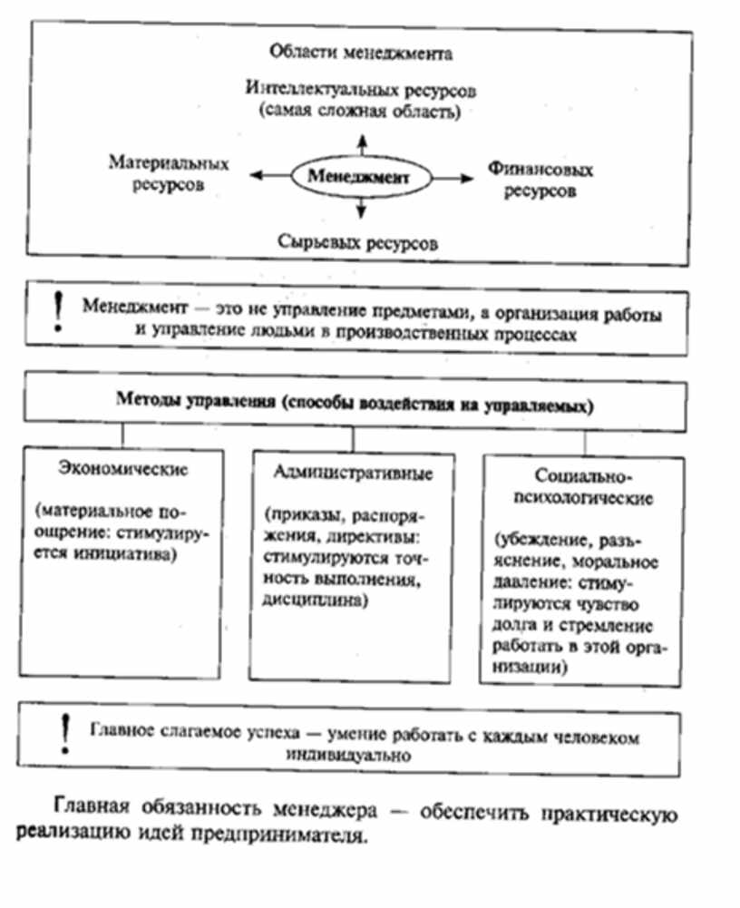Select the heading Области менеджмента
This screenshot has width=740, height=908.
point(362,54)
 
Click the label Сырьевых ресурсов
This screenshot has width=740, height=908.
point(357,243)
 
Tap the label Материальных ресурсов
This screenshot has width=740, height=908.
point(170,173)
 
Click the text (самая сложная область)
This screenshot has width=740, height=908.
point(361,113)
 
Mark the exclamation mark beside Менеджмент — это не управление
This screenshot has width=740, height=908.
point(58,311)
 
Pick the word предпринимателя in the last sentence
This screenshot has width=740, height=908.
point(295,835)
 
